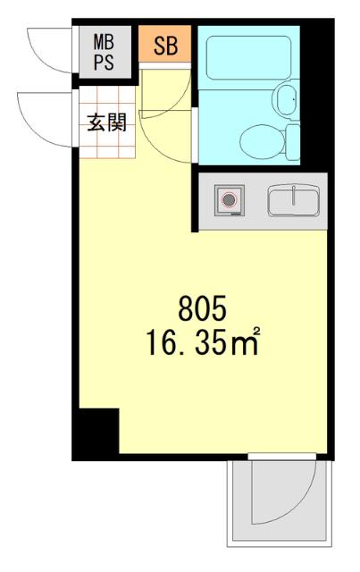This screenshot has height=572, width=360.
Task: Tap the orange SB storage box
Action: coord(164,47)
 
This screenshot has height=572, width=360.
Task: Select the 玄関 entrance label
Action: coord(105,122)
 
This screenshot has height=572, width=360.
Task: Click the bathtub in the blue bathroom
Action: coord(246,58)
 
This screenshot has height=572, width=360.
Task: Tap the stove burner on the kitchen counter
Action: coord(230,199)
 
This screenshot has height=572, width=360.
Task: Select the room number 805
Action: coord(204,312)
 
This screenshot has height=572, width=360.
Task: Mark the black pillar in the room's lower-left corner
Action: coord(96,433)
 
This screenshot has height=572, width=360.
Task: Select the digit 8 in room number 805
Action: coord(186,312)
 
